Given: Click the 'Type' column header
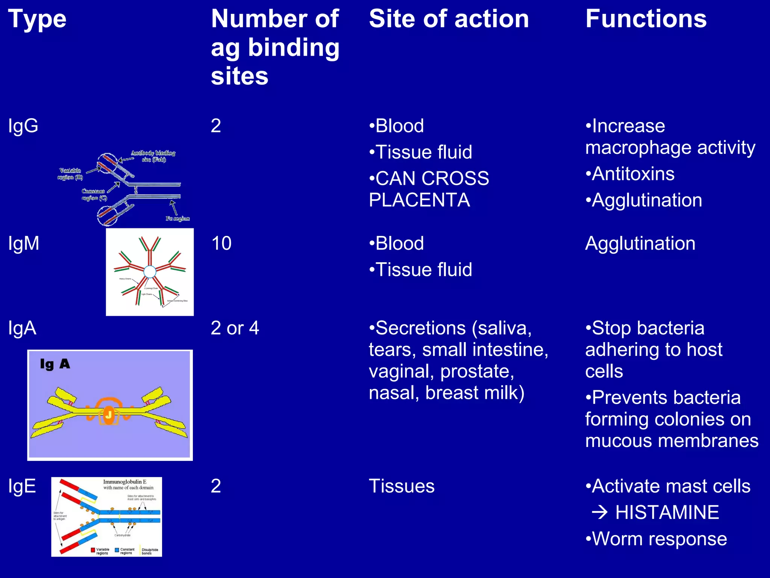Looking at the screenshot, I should coord(37,20).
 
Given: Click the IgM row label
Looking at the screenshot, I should coord(23,243).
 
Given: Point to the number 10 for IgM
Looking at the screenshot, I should coord(221,243).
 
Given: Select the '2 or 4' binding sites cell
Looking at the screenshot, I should coord(235,328).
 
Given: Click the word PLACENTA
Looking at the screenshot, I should coord(419,200).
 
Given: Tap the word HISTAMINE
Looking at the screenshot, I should coord(667,513).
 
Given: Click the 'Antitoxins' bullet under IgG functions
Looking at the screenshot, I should coord(633,174).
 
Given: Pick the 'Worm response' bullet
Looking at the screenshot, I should coord(659,539).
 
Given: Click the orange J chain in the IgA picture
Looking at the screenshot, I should coord(109,415).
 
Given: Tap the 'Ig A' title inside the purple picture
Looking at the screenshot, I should coord(55,364).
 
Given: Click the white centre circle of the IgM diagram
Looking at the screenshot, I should coord(150,272).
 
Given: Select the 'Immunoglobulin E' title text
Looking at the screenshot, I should coord(125,482).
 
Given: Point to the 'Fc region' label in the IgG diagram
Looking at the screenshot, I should coord(177,218).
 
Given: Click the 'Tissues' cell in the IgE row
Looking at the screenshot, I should coord(402,486).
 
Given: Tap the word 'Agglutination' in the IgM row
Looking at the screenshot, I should coord(640,243).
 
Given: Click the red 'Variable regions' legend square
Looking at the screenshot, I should coord(93,550).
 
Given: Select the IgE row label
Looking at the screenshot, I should coord(22,486).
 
